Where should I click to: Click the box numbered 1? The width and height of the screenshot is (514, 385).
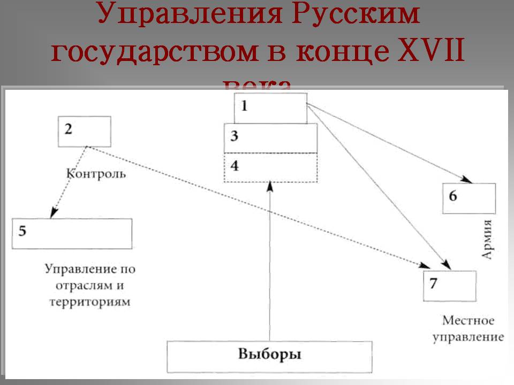click(270, 107)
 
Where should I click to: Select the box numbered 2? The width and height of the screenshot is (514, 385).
click(84, 131)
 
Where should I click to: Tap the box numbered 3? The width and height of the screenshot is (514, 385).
click(270, 138)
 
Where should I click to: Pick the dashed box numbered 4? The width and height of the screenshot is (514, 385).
click(270, 167)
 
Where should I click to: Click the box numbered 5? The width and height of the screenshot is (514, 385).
click(72, 233)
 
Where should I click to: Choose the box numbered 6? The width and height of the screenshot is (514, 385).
click(468, 198)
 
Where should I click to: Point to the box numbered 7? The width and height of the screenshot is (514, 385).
click(449, 286)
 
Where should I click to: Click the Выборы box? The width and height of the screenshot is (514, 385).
click(269, 356)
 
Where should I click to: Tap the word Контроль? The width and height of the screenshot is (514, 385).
click(96, 174)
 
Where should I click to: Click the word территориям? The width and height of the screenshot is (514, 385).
click(90, 302)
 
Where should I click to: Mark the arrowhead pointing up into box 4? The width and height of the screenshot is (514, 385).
click(270, 186)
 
